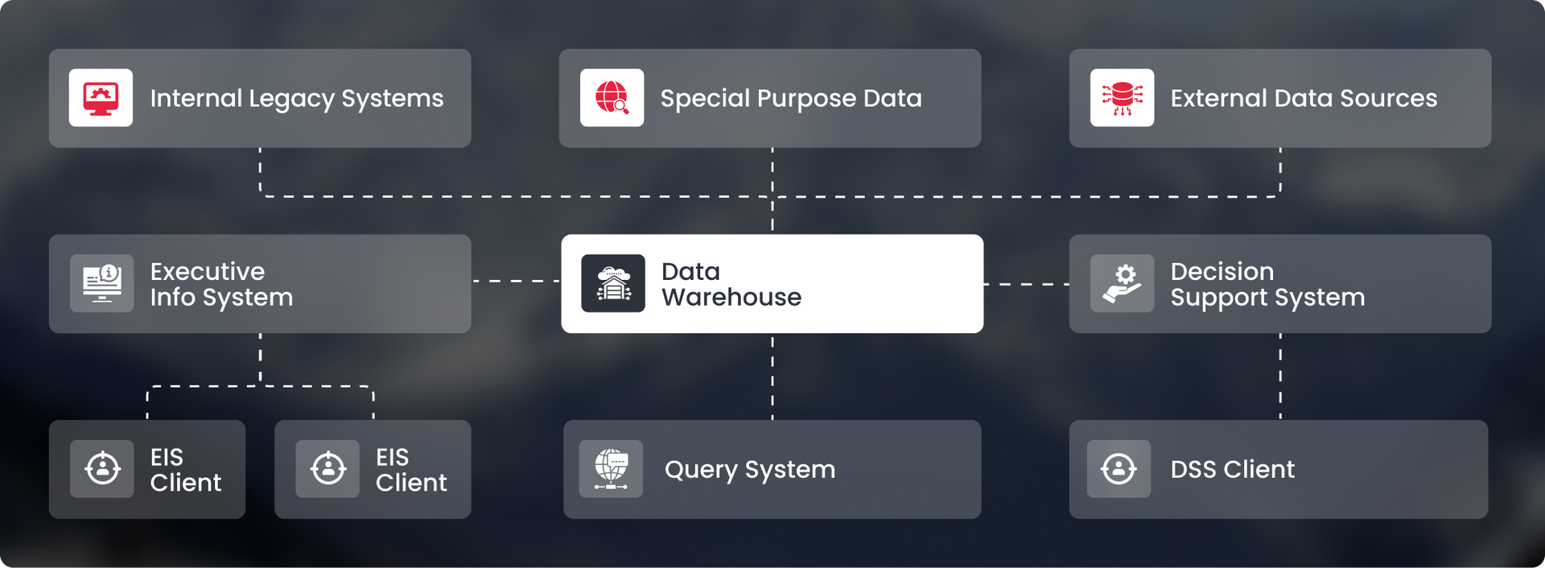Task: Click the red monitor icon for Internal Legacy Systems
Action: coord(101,98)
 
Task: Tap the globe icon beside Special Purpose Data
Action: coord(612,98)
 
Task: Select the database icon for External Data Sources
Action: coord(1122,98)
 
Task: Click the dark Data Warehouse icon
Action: coord(613,283)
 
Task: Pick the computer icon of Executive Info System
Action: coord(102,283)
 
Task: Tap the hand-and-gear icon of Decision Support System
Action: coord(1122,283)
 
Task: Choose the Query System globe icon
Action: coord(611,469)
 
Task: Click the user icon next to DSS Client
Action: coord(1119,469)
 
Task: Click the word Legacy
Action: coord(291,99)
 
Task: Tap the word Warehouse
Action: coord(731,297)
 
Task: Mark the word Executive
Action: coord(208,271)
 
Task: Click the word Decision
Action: coord(1222,271)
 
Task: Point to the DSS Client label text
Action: coord(1233,469)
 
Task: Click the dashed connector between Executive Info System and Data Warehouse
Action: coord(516,281)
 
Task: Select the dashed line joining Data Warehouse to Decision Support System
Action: coord(1026,284)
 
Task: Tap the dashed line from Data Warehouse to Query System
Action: coord(772,377)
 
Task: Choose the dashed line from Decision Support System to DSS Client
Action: coord(1280,377)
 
